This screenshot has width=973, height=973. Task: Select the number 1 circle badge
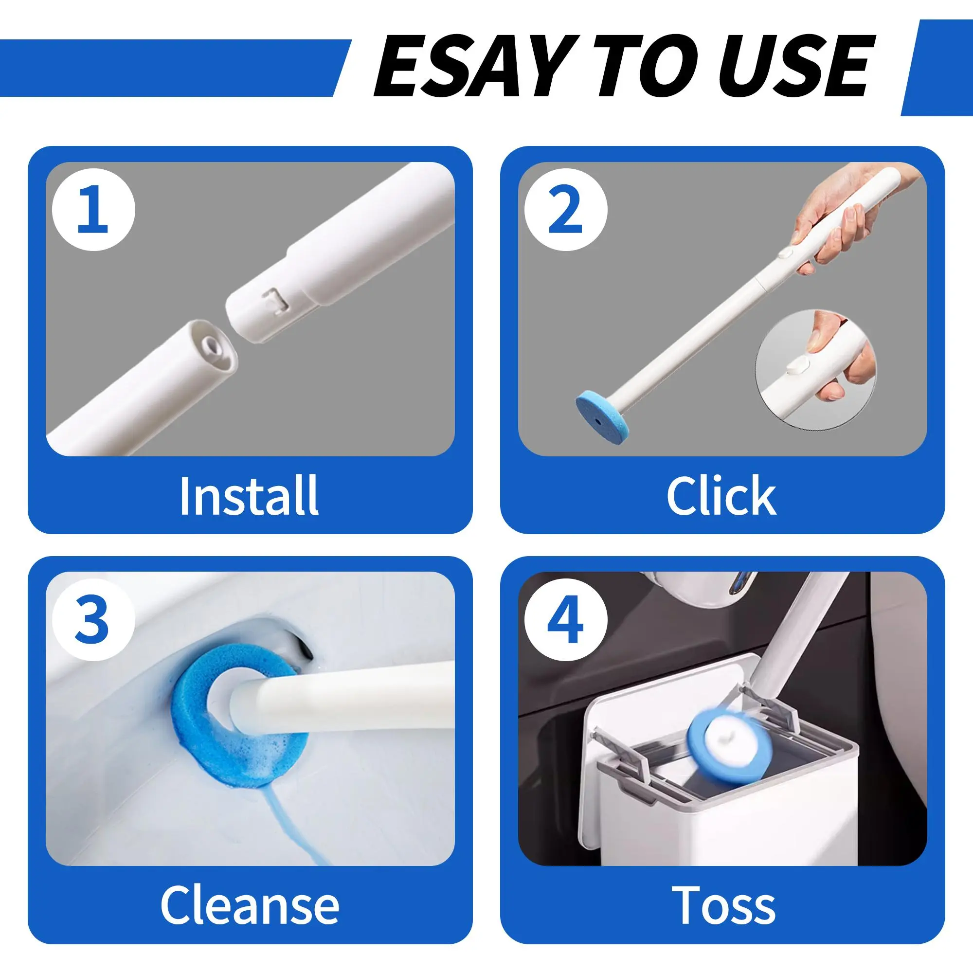[x=94, y=210]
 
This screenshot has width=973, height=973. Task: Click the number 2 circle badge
[x=566, y=210]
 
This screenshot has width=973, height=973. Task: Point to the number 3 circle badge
[x=94, y=619]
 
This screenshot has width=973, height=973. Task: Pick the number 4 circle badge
[x=566, y=619]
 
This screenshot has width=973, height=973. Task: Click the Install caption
[x=249, y=496]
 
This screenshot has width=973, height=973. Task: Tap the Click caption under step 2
[x=721, y=496]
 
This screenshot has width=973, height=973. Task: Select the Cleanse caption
[x=250, y=905]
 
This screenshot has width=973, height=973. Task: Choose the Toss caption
[x=724, y=905]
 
